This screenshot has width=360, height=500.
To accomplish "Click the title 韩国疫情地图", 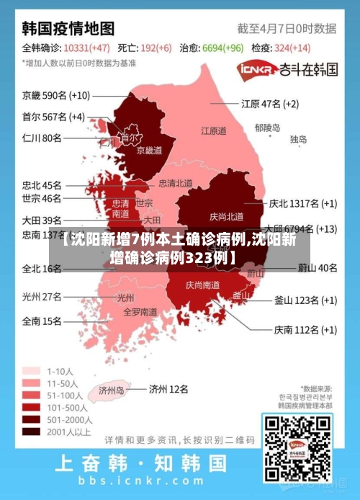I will click(x=68, y=29).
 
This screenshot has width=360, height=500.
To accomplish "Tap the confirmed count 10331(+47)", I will click(x=86, y=48).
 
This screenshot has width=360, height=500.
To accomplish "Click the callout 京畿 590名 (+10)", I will click(x=56, y=95).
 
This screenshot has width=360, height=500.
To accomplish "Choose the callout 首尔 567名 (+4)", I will click(x=53, y=117).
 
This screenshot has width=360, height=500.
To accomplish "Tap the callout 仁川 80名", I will click(x=42, y=138).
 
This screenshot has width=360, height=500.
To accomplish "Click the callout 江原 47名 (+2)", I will click(x=270, y=104).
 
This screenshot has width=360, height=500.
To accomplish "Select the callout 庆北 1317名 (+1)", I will click(x=302, y=204).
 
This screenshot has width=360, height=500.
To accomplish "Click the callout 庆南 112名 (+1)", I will click(x=305, y=330).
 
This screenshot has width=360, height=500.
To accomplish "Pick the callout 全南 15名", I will click(x=42, y=321).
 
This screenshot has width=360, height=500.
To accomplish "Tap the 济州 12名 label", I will click(x=168, y=389).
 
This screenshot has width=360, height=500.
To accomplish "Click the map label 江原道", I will click(x=213, y=131).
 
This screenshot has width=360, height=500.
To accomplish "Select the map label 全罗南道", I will click(x=140, y=312).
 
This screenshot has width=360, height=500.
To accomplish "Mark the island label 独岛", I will click(x=299, y=139).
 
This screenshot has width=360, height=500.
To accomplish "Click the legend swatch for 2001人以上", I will click(x=31, y=432).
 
